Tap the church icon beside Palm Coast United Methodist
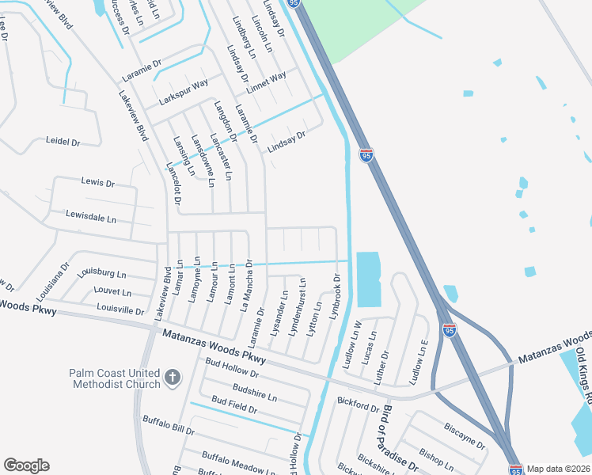point(173,379)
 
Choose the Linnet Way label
point(266,82)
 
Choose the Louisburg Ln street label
point(102,273)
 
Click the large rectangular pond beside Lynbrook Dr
point(368,279)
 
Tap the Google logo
point(26,465)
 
